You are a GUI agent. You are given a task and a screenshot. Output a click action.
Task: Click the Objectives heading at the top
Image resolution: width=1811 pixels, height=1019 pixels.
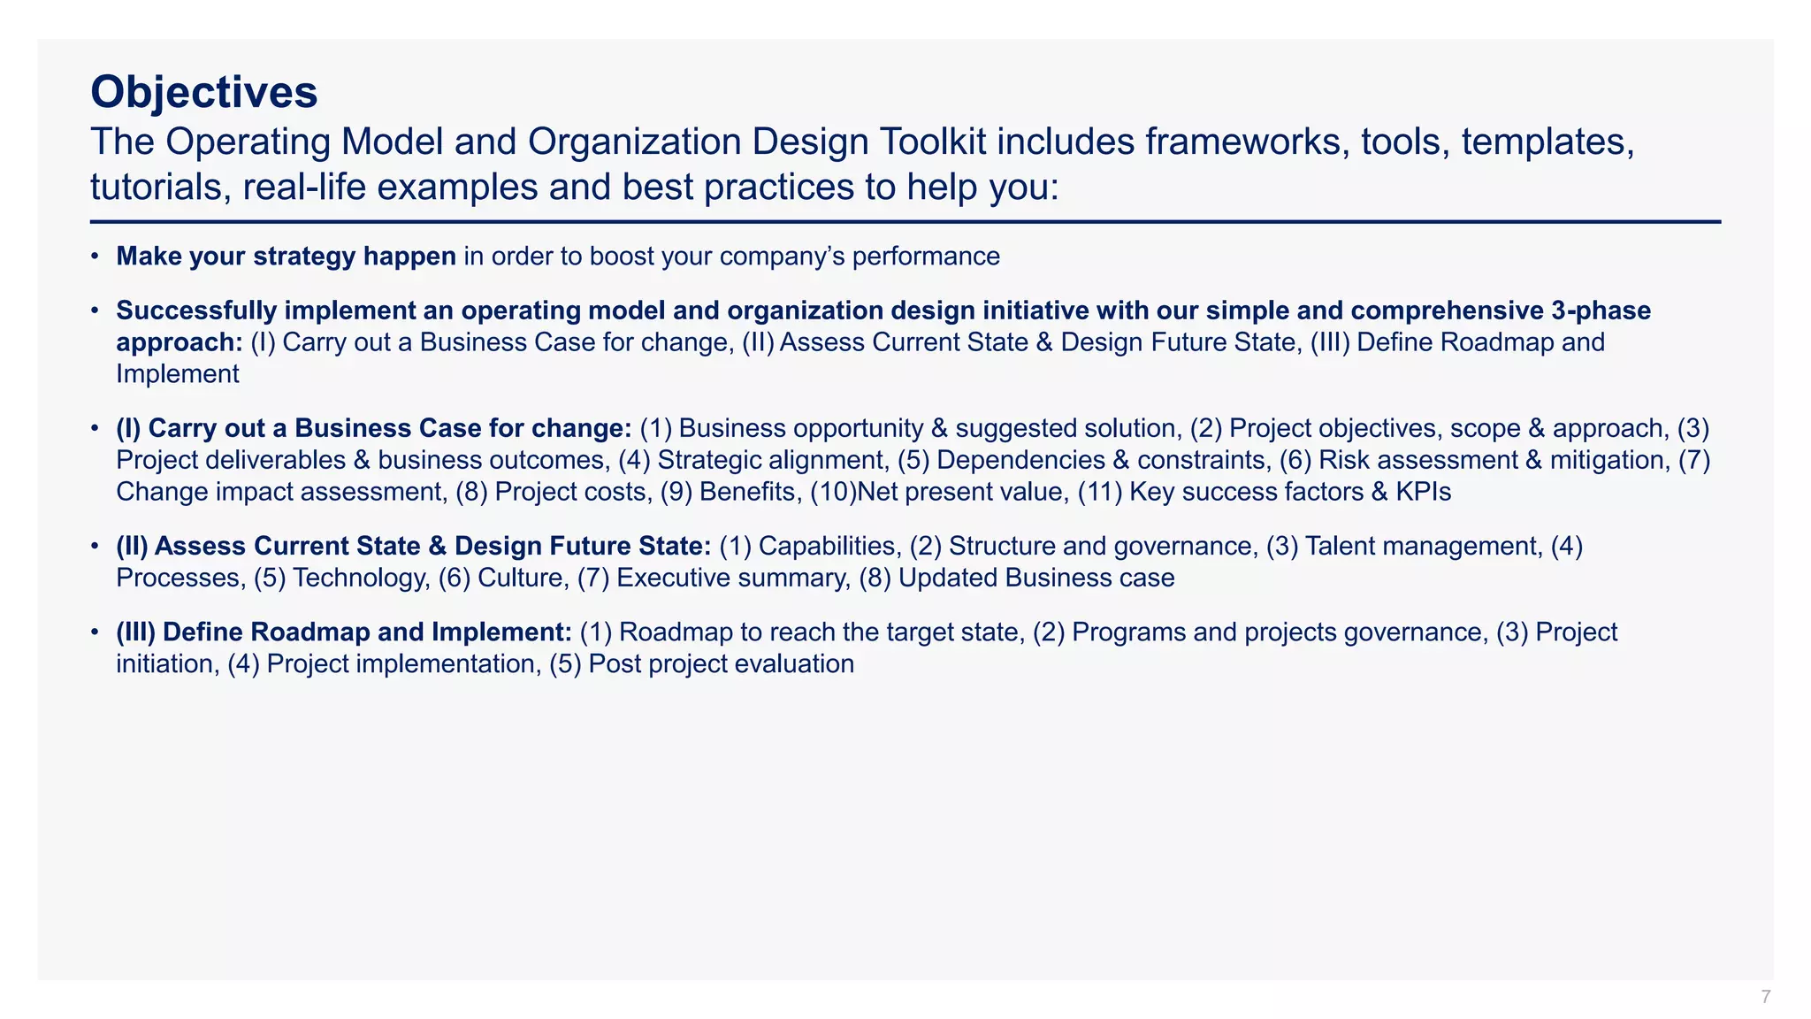point(203,92)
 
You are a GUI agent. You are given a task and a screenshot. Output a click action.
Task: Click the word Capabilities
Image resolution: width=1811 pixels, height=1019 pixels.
point(827,546)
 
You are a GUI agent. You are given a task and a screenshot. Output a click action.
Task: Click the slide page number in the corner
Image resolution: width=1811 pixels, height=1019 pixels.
point(1765,997)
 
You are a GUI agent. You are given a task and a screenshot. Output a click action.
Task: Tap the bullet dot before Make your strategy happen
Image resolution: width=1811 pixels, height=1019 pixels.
point(95,257)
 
